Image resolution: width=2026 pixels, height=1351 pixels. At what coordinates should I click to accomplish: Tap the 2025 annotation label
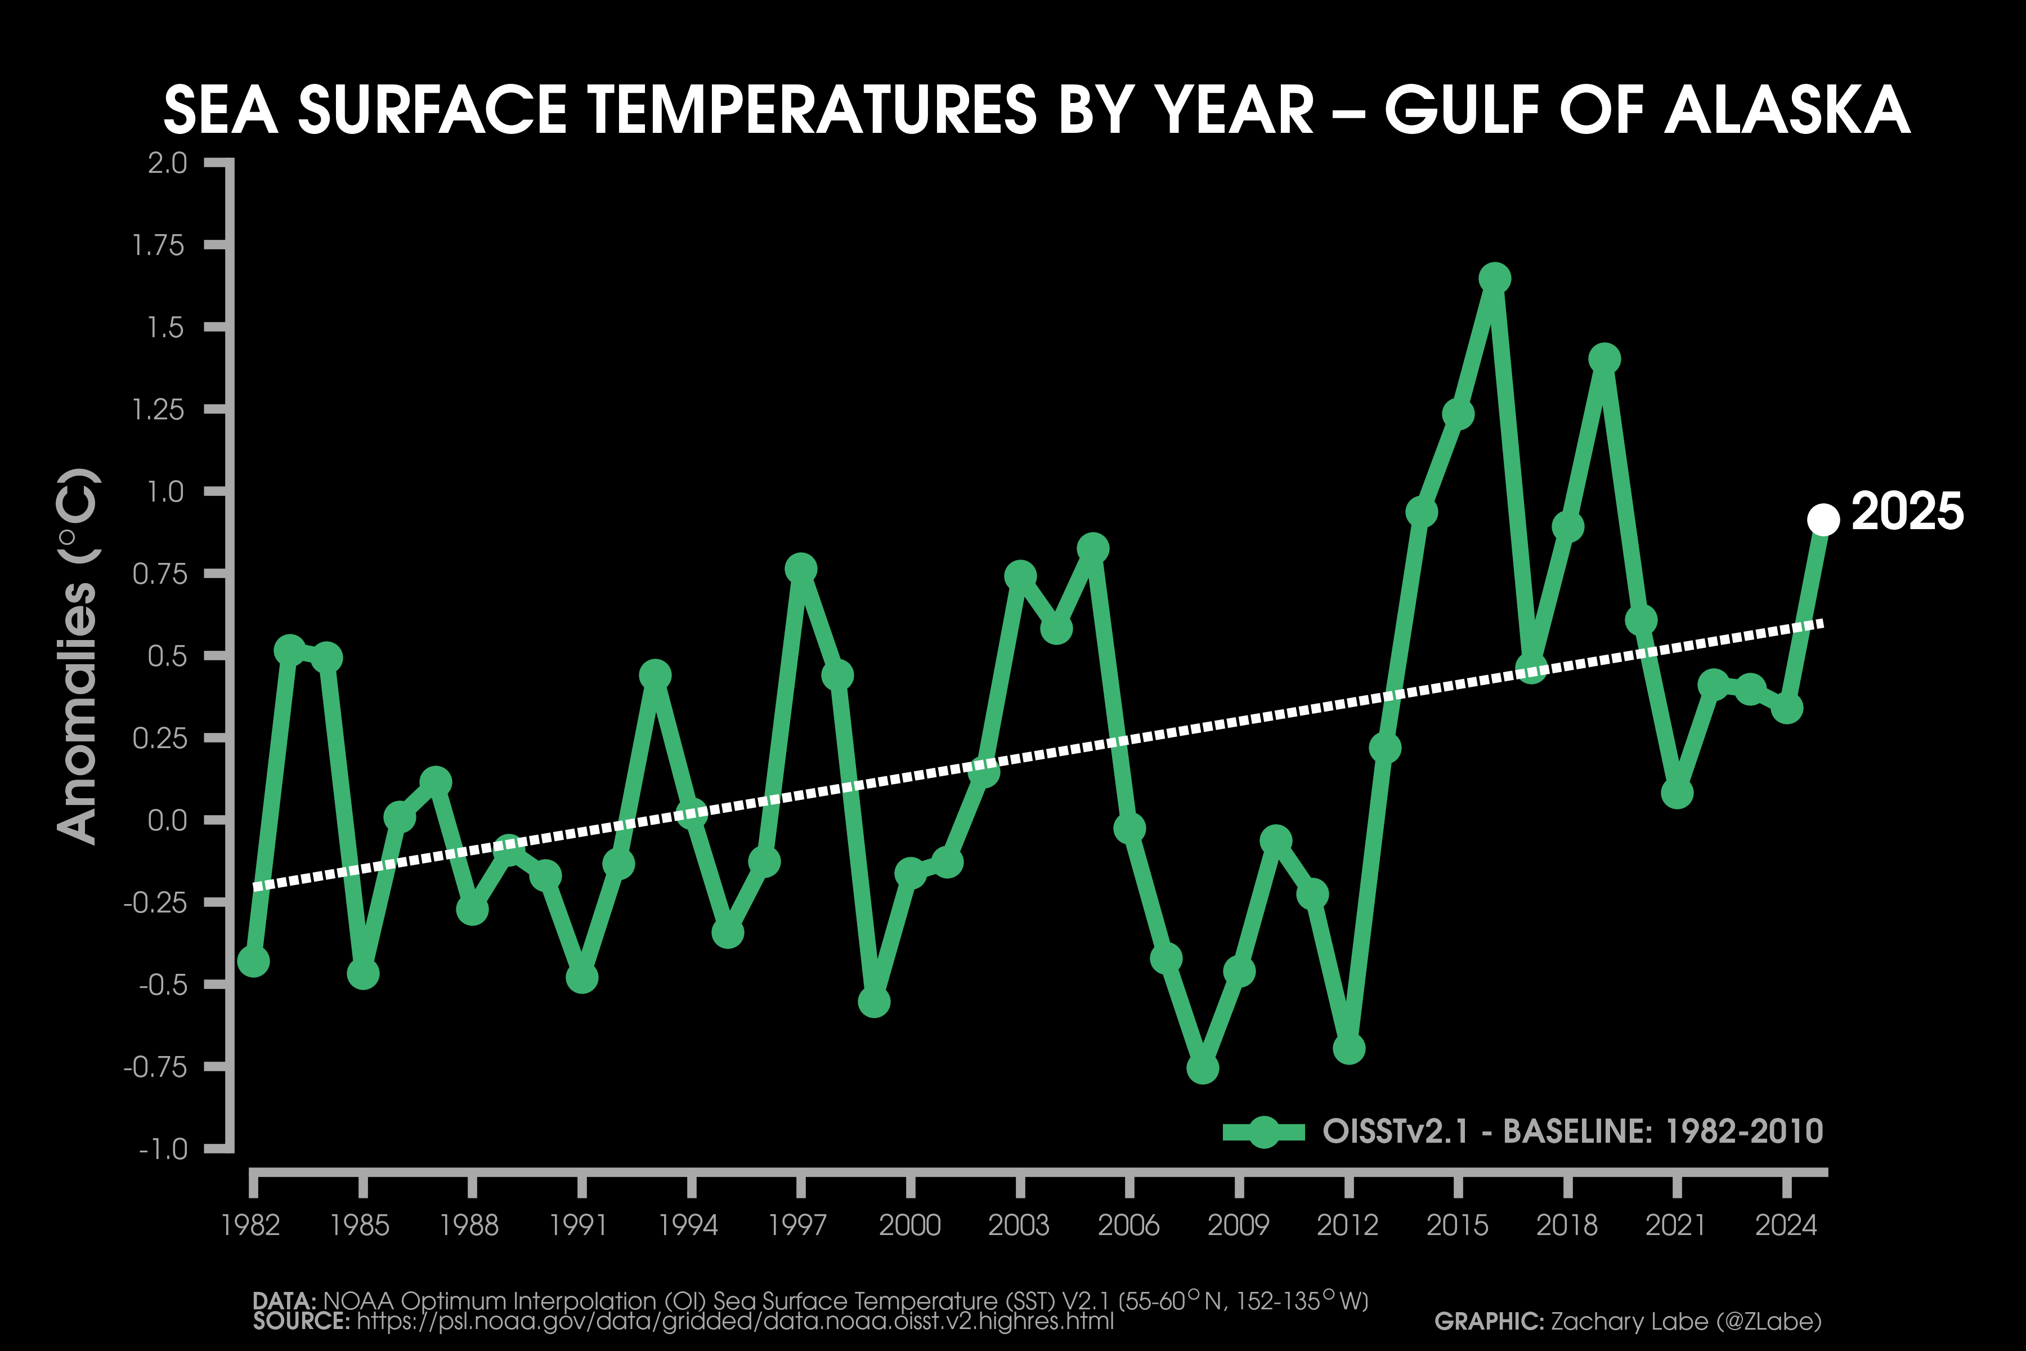(x=1907, y=512)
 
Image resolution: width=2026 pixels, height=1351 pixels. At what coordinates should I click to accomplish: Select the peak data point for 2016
(x=1495, y=278)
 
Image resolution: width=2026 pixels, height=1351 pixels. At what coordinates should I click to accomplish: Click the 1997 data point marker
(x=800, y=569)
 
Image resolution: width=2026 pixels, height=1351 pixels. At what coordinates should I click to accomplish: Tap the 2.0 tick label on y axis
(x=167, y=163)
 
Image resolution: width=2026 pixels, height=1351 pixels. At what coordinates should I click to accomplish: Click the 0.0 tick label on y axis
(x=167, y=820)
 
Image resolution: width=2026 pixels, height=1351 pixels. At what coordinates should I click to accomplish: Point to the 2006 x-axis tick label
(x=1128, y=1224)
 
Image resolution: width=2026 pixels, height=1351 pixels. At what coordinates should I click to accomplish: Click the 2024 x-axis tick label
(x=1786, y=1224)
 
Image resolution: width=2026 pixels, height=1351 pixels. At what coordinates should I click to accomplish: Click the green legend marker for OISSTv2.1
(x=1263, y=1131)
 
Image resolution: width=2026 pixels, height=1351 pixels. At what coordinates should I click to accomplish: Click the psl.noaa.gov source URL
(x=735, y=1321)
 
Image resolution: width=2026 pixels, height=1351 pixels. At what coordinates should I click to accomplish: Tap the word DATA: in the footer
(x=284, y=1300)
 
